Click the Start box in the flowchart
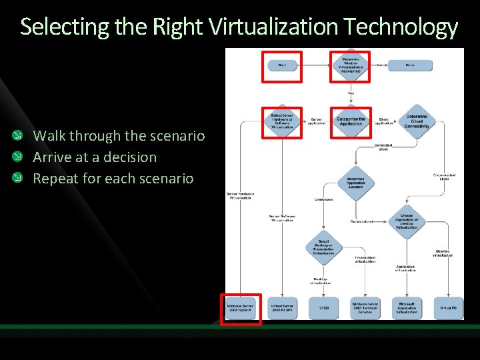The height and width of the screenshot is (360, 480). pyautogui.click(x=282, y=65)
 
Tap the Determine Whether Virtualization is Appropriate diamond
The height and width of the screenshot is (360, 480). pyautogui.click(x=351, y=65)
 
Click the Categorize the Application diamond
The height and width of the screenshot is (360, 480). pyautogui.click(x=351, y=121)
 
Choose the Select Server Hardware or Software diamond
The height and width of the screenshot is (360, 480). pyautogui.click(x=282, y=121)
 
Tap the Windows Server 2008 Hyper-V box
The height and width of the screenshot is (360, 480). pyautogui.click(x=241, y=309)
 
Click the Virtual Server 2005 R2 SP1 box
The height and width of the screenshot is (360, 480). pyautogui.click(x=282, y=309)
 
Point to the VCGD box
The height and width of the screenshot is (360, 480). pyautogui.click(x=324, y=309)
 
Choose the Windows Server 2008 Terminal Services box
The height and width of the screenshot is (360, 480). pyautogui.click(x=365, y=309)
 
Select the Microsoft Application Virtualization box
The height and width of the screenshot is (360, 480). pyautogui.click(x=407, y=309)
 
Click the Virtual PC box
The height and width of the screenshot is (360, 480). pyautogui.click(x=448, y=309)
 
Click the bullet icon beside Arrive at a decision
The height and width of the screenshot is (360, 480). pyautogui.click(x=24, y=157)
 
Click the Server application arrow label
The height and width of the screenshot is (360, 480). pyautogui.click(x=317, y=121)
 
